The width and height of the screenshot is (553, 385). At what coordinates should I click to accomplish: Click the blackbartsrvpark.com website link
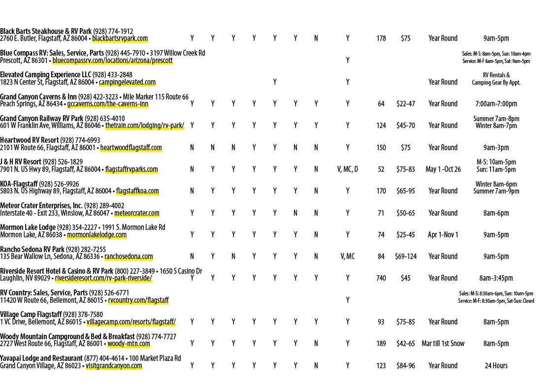click(x=120, y=38)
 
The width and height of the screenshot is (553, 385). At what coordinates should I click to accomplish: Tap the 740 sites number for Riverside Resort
click(x=381, y=278)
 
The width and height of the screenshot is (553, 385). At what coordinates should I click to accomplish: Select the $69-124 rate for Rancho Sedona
click(x=406, y=257)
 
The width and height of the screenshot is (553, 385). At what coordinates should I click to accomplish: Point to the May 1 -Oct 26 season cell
click(x=443, y=169)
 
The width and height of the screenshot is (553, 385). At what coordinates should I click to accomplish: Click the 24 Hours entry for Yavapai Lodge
click(x=496, y=366)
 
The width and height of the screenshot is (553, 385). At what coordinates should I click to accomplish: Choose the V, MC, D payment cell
click(x=347, y=169)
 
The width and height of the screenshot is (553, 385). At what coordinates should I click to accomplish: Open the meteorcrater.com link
click(x=137, y=213)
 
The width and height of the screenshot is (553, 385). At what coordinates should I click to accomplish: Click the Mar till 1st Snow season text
click(x=443, y=343)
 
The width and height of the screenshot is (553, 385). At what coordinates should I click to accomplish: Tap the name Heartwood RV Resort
click(x=29, y=140)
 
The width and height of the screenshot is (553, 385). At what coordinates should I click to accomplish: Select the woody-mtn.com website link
click(x=129, y=344)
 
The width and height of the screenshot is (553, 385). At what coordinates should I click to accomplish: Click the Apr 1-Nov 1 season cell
click(x=443, y=235)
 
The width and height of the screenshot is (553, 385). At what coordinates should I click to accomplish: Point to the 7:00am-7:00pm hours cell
click(x=496, y=104)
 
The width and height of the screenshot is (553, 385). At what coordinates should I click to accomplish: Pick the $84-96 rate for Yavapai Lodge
click(x=406, y=366)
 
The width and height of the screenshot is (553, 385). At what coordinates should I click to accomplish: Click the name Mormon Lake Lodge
click(x=28, y=227)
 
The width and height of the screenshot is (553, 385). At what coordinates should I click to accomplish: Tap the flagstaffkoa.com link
click(x=137, y=191)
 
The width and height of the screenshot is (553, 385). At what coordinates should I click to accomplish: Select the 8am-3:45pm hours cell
click(x=496, y=278)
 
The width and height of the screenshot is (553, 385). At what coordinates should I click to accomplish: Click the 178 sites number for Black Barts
click(x=381, y=38)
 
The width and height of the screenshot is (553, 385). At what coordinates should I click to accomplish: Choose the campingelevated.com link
click(x=128, y=82)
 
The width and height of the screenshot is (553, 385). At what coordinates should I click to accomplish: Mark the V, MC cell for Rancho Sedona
click(x=347, y=257)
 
